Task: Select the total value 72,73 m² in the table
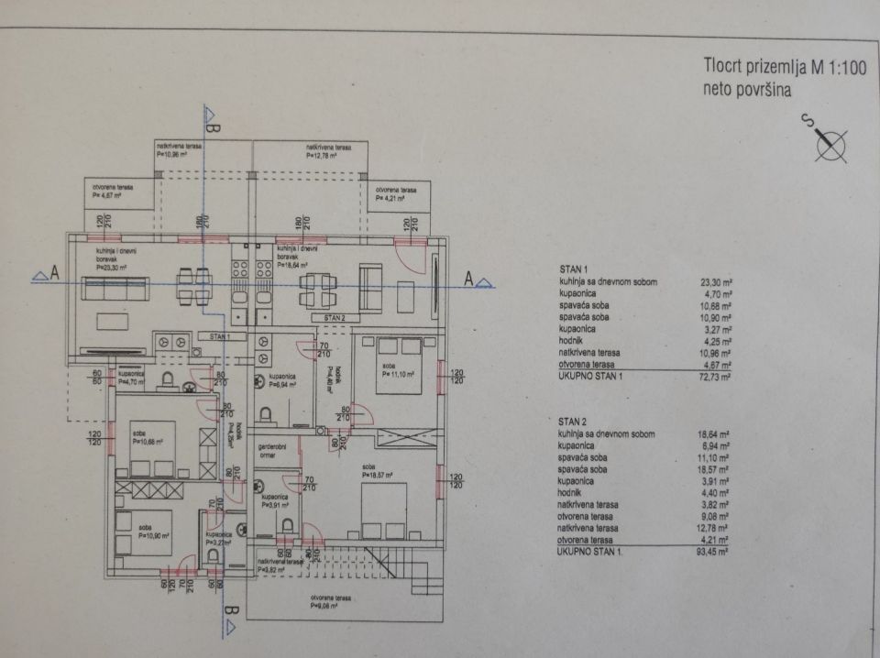tap(712, 376)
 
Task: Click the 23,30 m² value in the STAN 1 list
tap(712, 283)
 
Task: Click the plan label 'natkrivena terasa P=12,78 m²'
tap(328, 151)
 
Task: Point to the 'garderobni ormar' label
tap(272, 449)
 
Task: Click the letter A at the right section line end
tap(469, 278)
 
